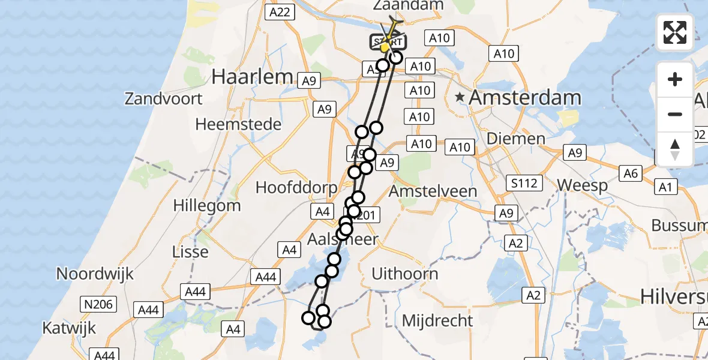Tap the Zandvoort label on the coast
point(164,98)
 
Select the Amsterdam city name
point(526,97)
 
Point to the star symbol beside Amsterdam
point(460,97)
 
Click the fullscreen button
point(675,32)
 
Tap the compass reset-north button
point(675,149)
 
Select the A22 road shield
point(280,12)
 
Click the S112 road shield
point(523,183)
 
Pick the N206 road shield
point(98,304)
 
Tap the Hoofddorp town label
point(296,187)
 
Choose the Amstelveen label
point(433,191)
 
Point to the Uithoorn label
point(405,274)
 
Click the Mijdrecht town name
point(437,320)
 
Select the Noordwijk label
point(95,274)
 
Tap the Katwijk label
point(69,328)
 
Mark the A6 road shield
point(631,173)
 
